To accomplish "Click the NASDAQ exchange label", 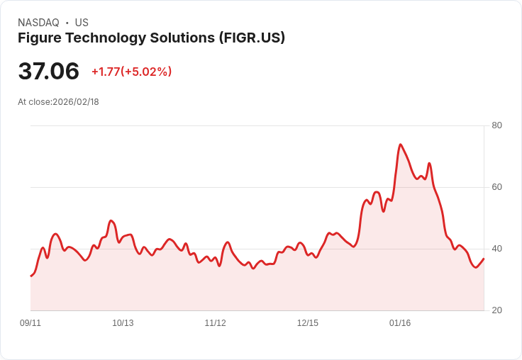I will tap(38, 23).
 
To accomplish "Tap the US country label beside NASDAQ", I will tap(82, 23).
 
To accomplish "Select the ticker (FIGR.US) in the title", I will tap(252, 38).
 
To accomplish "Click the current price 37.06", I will tap(48, 71).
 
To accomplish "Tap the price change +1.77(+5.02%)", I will tap(131, 72).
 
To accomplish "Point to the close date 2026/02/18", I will tap(76, 102).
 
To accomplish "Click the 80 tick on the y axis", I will tap(496, 125).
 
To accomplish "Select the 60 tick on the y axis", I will tap(496, 187).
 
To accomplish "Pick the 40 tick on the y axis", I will tap(496, 249).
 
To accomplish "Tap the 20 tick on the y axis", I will tap(496, 310).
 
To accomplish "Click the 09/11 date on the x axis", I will tap(30, 323).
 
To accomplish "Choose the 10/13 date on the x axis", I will tap(123, 323).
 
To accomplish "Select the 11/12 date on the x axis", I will tap(215, 323).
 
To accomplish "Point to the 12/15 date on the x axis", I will tap(307, 323).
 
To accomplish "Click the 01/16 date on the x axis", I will tap(400, 323).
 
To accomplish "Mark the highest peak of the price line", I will tap(401, 145).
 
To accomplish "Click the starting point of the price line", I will tap(30, 276).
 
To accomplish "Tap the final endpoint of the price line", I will tap(484, 259).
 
